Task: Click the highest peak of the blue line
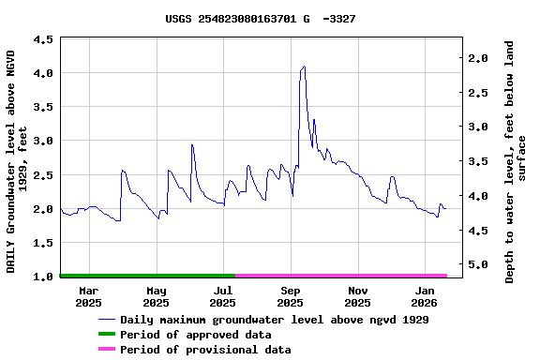point(304,67)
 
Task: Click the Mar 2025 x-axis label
point(88,296)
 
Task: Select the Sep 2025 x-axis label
point(290,296)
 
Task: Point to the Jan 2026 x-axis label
point(425,296)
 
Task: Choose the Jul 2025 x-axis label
point(223,296)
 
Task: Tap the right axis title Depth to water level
point(516,161)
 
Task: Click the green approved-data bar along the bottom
point(147,276)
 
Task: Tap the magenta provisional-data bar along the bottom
point(341,276)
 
